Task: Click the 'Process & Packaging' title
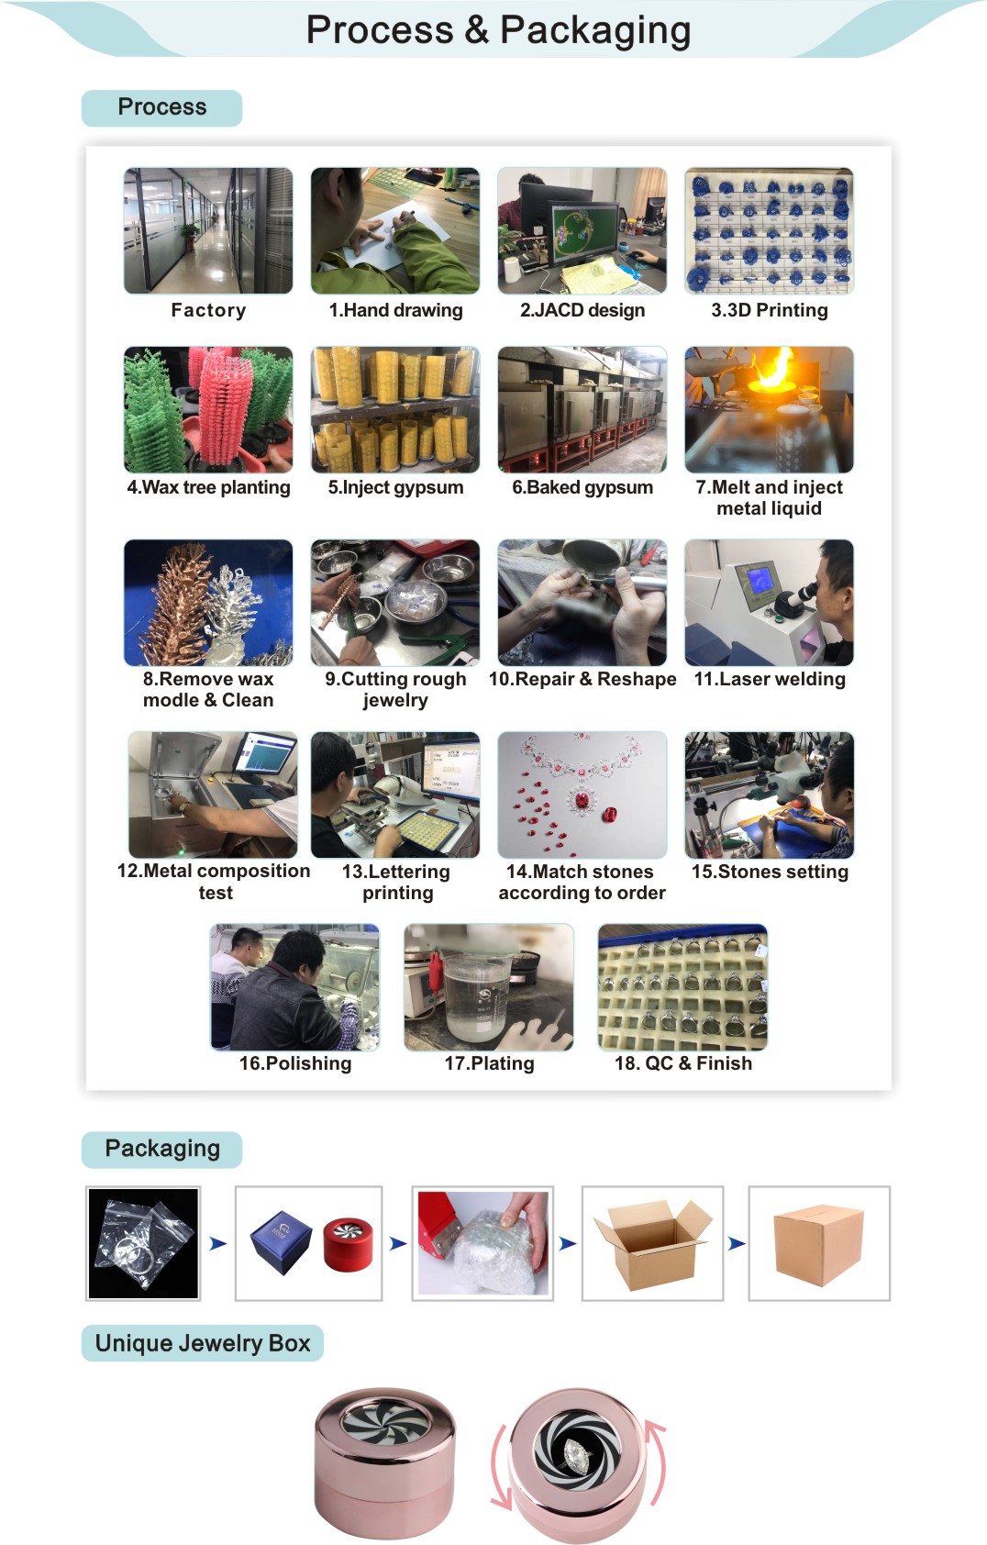click(x=498, y=30)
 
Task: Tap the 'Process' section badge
click(x=162, y=107)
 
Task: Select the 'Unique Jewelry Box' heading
click(x=203, y=1343)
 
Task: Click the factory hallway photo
click(x=208, y=230)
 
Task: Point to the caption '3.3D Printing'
click(x=769, y=310)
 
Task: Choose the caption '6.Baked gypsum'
click(x=582, y=488)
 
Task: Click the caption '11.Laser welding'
click(x=769, y=680)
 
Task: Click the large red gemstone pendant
click(x=582, y=802)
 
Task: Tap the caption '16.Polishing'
click(x=295, y=1063)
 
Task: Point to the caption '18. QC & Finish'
click(x=682, y=1063)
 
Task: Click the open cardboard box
click(x=652, y=1244)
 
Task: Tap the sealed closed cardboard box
click(x=819, y=1246)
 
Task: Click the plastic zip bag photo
click(x=143, y=1243)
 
